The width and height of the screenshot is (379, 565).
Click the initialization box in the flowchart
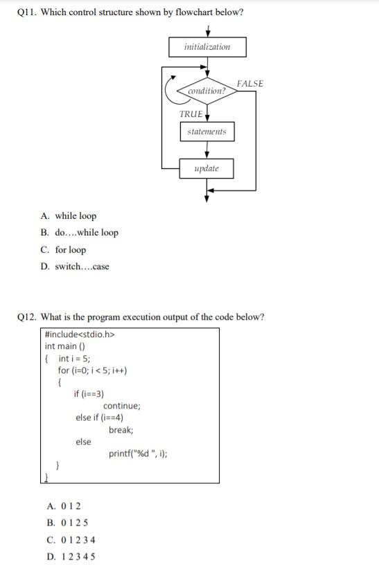pos(207,47)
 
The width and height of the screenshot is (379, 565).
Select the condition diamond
pos(206,91)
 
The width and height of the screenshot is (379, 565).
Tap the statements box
pos(206,132)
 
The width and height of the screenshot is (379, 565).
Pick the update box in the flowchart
pos(206,168)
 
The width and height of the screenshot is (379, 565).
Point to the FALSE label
pos(249,84)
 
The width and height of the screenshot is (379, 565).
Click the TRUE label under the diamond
pos(191,114)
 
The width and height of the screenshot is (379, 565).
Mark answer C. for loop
pos(64,250)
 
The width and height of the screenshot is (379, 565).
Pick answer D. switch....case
pos(76,267)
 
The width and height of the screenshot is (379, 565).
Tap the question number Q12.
pos(26,317)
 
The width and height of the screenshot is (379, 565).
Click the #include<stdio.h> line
pos(78,336)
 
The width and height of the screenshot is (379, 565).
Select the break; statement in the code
pos(121,430)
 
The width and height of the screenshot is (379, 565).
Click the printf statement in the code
pos(138,454)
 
